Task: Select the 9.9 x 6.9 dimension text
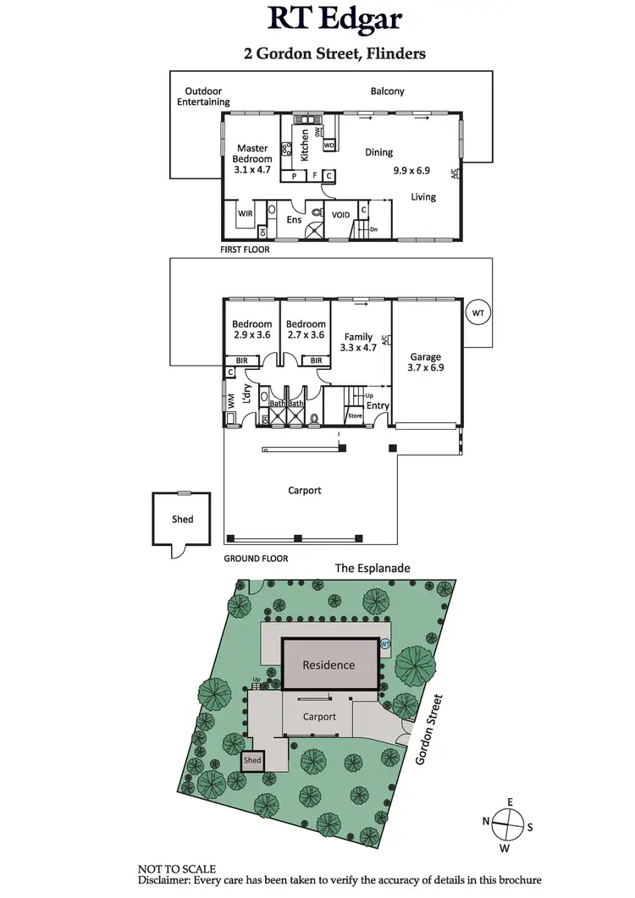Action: pos(411,170)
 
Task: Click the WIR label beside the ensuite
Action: pos(246,214)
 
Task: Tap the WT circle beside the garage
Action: pos(478,313)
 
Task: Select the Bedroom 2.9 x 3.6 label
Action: pos(252,330)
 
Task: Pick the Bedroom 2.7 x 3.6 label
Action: pos(306,330)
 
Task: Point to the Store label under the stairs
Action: pos(355,416)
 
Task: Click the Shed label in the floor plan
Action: pos(182,520)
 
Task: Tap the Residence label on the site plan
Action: pos(329,664)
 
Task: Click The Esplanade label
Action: pos(373,569)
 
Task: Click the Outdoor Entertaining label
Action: pos(203,96)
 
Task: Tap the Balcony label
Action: pos(387,91)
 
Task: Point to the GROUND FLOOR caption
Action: pos(256,559)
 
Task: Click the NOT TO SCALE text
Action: pos(177,868)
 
